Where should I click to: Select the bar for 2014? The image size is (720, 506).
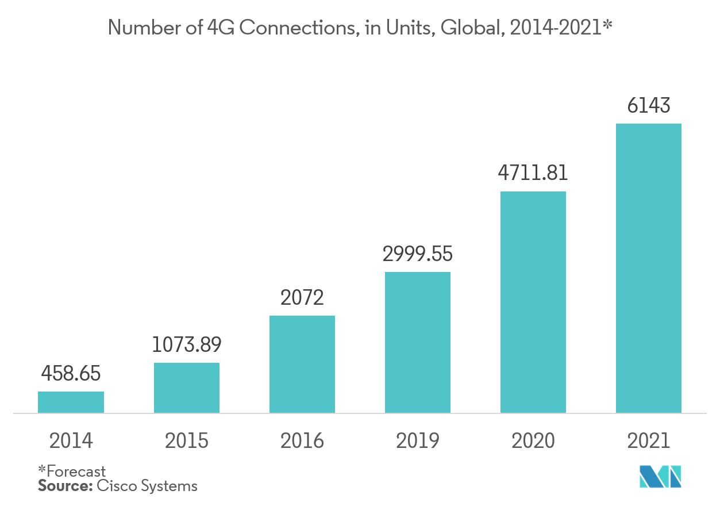(71, 402)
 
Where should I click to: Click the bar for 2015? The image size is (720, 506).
(187, 388)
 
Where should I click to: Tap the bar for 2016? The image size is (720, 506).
(302, 364)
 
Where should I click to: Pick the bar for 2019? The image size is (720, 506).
(418, 342)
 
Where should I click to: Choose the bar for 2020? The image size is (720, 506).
(533, 302)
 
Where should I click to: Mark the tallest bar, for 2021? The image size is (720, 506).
(649, 268)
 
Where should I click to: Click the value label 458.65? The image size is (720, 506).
(71, 374)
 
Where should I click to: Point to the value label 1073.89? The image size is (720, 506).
(187, 344)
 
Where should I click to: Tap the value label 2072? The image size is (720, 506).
(302, 298)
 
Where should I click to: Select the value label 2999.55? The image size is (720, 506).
(418, 254)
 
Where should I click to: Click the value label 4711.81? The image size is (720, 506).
(533, 173)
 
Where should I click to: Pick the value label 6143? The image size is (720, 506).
(649, 106)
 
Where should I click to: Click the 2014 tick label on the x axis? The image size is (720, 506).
(71, 440)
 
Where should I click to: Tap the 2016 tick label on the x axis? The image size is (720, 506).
(302, 440)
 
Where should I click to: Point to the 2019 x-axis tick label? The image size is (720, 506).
(418, 440)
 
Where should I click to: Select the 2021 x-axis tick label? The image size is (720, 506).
(649, 440)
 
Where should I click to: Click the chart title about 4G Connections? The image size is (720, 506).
(360, 28)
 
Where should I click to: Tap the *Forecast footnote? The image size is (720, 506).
(72, 472)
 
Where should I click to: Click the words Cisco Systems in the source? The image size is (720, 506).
(147, 486)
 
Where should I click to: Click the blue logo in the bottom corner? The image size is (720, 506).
(661, 477)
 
